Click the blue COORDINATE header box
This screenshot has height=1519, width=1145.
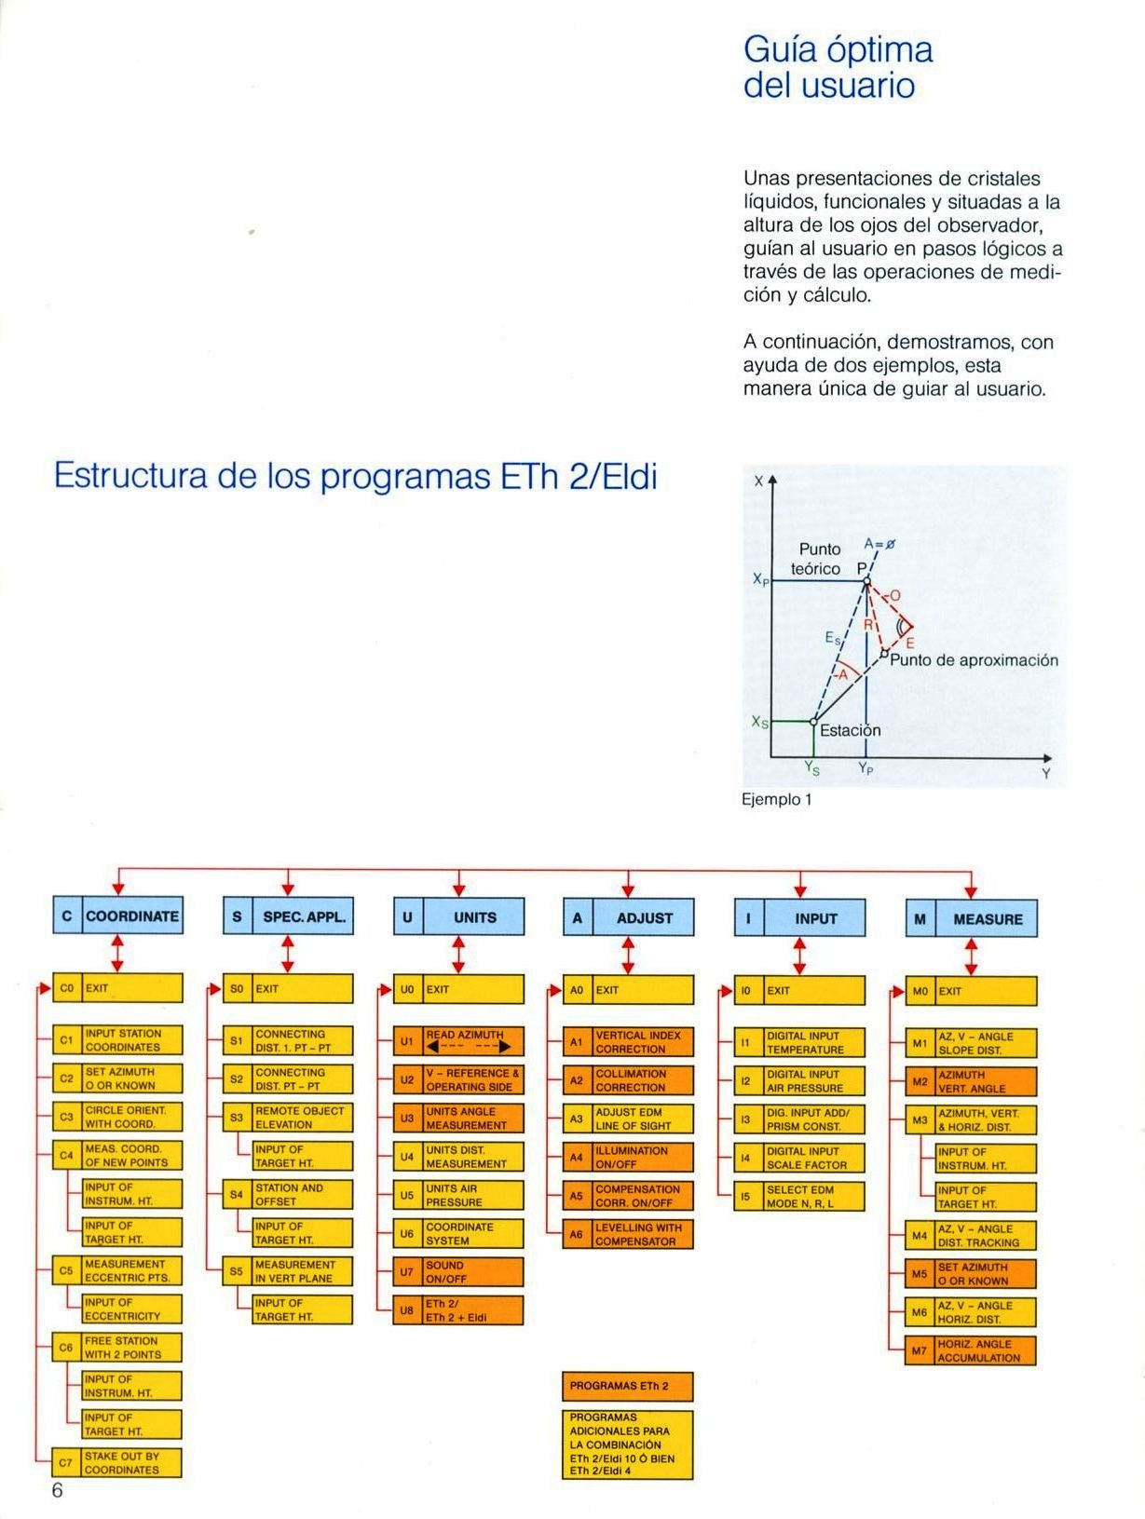pyautogui.click(x=117, y=915)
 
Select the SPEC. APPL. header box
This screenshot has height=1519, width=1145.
pyautogui.click(x=288, y=916)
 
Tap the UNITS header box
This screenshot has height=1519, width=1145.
pyautogui.click(x=458, y=916)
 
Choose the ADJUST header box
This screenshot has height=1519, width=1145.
pyautogui.click(x=628, y=917)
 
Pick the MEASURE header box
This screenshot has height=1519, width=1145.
pyautogui.click(x=971, y=918)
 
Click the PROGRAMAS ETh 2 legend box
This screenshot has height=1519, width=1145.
pyautogui.click(x=628, y=1385)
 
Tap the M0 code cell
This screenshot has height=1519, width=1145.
pyautogui.click(x=920, y=991)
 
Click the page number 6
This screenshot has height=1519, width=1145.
pyautogui.click(x=57, y=1490)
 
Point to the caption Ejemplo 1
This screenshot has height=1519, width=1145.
pyautogui.click(x=776, y=799)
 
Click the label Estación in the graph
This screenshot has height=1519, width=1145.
pyautogui.click(x=849, y=730)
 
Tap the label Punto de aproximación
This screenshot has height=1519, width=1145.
pyautogui.click(x=974, y=660)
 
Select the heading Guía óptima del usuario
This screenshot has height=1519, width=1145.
pyautogui.click(x=838, y=67)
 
